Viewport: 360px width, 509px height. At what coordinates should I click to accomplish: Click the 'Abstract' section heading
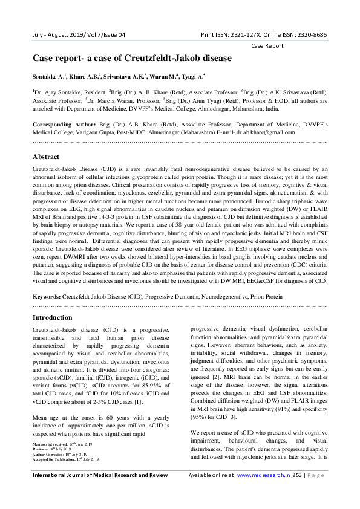click(46, 156)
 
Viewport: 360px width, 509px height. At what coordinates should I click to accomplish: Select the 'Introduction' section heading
click(52, 317)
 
